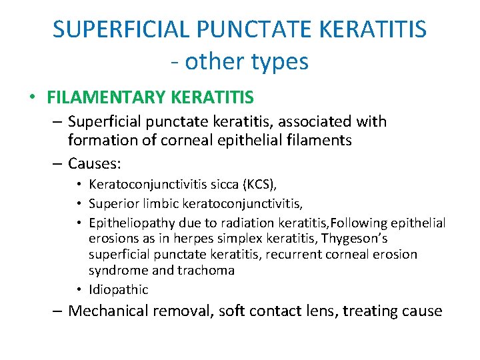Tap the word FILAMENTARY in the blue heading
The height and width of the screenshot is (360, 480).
point(107,98)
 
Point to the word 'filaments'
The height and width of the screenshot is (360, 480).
point(319,141)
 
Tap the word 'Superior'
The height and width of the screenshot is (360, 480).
point(111,204)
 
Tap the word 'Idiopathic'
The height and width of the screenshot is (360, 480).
point(118,289)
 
